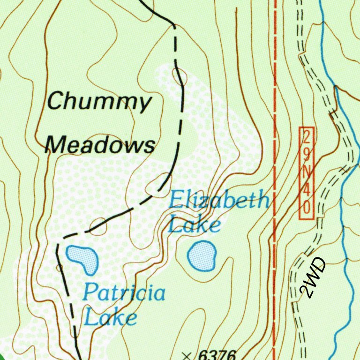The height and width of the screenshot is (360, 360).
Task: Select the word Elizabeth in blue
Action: pyautogui.click(x=219, y=201)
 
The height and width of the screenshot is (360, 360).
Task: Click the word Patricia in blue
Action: pyautogui.click(x=124, y=293)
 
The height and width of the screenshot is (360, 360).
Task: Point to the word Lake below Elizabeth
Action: pyautogui.click(x=194, y=224)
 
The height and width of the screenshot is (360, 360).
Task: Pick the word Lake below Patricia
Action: pyautogui.click(x=111, y=317)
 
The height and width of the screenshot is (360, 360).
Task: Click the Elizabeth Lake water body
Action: pyautogui.click(x=202, y=255)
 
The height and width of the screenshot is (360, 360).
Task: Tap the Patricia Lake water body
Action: pyautogui.click(x=83, y=257)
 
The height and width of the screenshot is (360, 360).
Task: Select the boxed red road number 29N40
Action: pyautogui.click(x=306, y=172)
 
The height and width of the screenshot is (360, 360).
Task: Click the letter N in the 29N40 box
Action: pyautogui.click(x=306, y=173)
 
